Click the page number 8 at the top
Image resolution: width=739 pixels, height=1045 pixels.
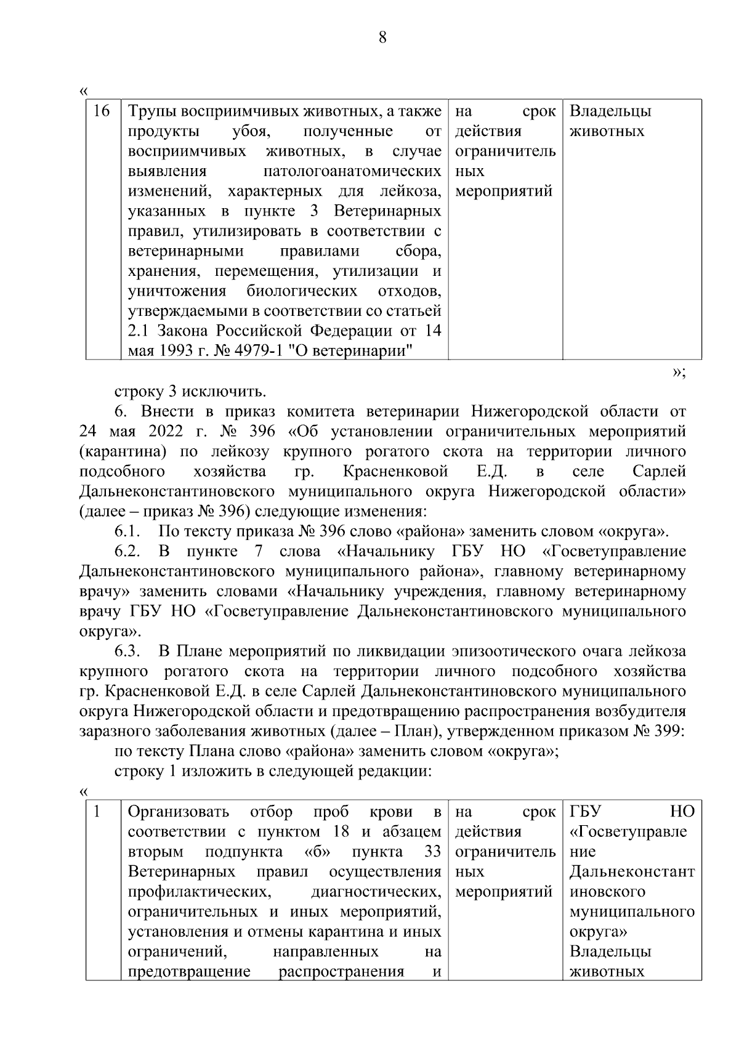[x=382, y=38]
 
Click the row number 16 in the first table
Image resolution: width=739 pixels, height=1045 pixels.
[x=102, y=111]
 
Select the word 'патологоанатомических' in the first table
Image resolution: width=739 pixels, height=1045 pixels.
[x=352, y=171]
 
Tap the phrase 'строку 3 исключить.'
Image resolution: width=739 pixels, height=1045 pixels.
[x=190, y=392]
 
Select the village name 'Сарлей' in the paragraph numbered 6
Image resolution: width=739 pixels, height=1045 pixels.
[x=658, y=472]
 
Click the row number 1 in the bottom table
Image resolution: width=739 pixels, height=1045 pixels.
[x=97, y=812]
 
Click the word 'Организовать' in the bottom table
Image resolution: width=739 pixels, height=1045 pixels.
[x=178, y=812]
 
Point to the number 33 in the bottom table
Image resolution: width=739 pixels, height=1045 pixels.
[x=433, y=852]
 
